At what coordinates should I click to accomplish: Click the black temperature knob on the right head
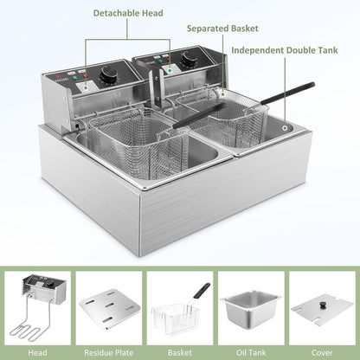pyautogui.click(x=190, y=60)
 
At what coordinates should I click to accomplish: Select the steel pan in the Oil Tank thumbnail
pyautogui.click(x=251, y=306)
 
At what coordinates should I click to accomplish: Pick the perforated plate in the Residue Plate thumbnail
pyautogui.click(x=108, y=306)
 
